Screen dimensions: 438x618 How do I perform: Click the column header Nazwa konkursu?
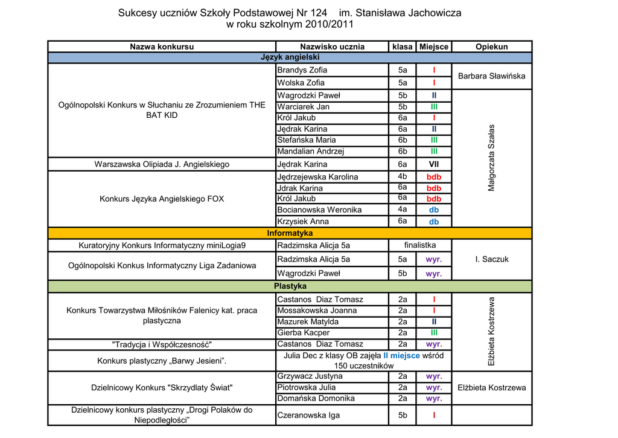[x=162, y=47]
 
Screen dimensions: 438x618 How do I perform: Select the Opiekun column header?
[x=491, y=47]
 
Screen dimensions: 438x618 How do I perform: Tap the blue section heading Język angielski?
[x=290, y=57]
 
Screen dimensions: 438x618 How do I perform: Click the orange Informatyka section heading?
[x=290, y=233]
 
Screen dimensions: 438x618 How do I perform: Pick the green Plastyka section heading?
[x=290, y=286]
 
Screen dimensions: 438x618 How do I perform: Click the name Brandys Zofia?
[x=302, y=70]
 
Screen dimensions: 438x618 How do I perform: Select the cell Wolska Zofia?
[x=301, y=83]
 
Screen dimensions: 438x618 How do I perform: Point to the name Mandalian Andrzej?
[x=310, y=152]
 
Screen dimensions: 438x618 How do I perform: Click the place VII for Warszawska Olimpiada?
[x=433, y=164]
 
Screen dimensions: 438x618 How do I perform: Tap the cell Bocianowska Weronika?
[x=319, y=210]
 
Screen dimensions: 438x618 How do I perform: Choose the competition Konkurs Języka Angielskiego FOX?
[x=162, y=199]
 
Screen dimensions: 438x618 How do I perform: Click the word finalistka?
[x=420, y=245]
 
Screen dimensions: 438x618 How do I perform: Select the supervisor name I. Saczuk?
[x=491, y=259]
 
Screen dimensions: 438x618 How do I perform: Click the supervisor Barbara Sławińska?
[x=491, y=76]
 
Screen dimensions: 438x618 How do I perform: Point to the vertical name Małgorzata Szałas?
[x=491, y=158]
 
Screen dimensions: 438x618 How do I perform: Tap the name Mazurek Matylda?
[x=308, y=322]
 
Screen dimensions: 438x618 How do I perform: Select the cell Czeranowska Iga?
[x=308, y=415]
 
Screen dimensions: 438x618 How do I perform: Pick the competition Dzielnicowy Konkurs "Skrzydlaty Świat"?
[x=162, y=387]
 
